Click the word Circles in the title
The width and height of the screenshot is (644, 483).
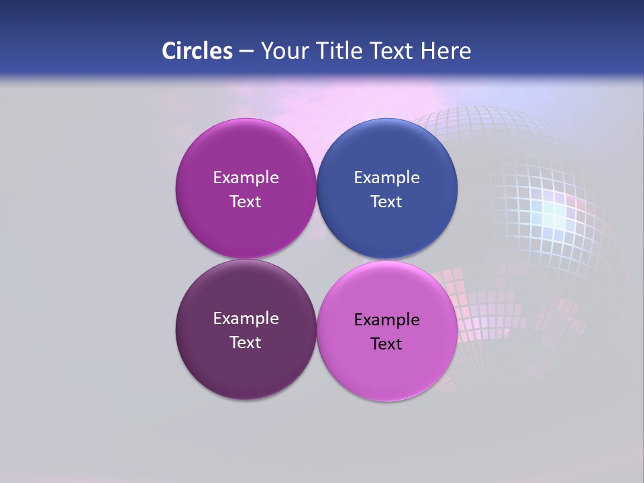[197, 51]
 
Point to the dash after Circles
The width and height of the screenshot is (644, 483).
[246, 52]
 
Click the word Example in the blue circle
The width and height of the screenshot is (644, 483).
[387, 178]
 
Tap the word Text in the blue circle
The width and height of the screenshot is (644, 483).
[386, 202]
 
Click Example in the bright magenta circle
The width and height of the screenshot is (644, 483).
[246, 178]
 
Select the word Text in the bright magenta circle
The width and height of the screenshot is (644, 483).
[246, 202]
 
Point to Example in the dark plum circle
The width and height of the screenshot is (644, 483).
[246, 319]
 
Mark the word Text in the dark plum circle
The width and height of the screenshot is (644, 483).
[246, 343]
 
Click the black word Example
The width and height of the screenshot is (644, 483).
[387, 320]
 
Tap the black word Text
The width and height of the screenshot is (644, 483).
[386, 344]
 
